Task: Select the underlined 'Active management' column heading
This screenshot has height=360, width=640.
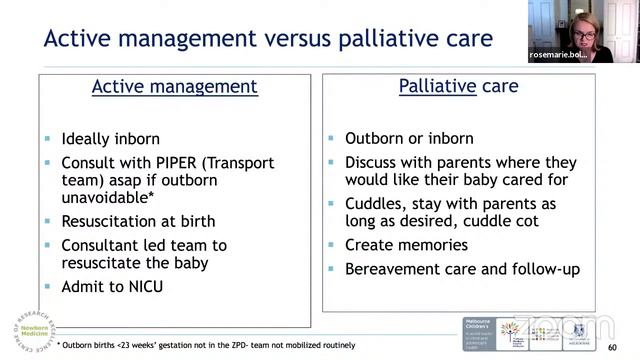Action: pos(174,87)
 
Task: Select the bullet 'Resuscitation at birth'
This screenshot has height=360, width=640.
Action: pos(138,220)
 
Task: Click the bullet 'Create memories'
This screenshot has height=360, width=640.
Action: pos(406,244)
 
